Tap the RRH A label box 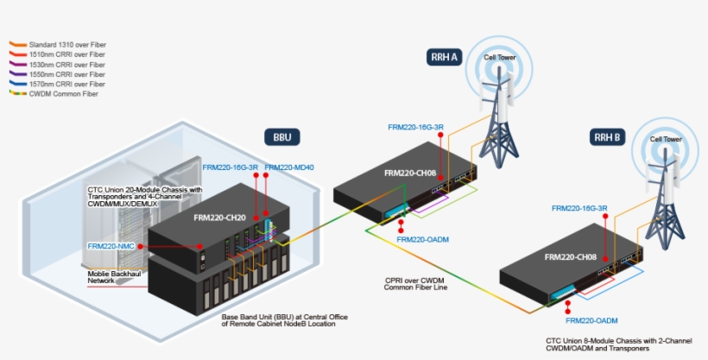(x=445, y=57)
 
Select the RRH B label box (x=606, y=136)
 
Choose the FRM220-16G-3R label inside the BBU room (x=231, y=167)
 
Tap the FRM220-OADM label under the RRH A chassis (x=423, y=240)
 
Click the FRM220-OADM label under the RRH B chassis (x=593, y=320)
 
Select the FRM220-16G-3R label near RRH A (x=415, y=127)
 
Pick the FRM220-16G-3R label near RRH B (x=579, y=208)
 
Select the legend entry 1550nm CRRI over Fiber (x=67, y=74)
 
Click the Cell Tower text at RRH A (x=500, y=58)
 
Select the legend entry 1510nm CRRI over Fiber (x=67, y=54)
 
